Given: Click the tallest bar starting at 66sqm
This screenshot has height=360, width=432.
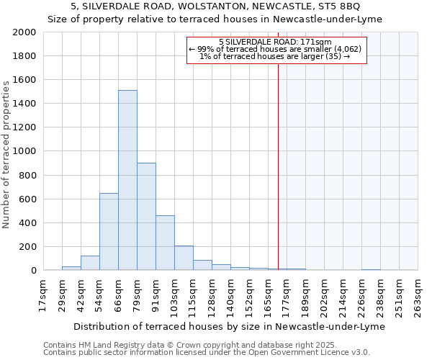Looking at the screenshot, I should click(127, 180).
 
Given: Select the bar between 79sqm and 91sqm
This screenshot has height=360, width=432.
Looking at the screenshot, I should click(146, 216).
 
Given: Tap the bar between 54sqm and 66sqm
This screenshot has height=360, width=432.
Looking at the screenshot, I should click(109, 231).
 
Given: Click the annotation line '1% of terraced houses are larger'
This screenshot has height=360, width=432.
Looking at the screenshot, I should click(277, 56).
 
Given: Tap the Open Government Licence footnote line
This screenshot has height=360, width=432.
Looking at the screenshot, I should click(207, 352).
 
